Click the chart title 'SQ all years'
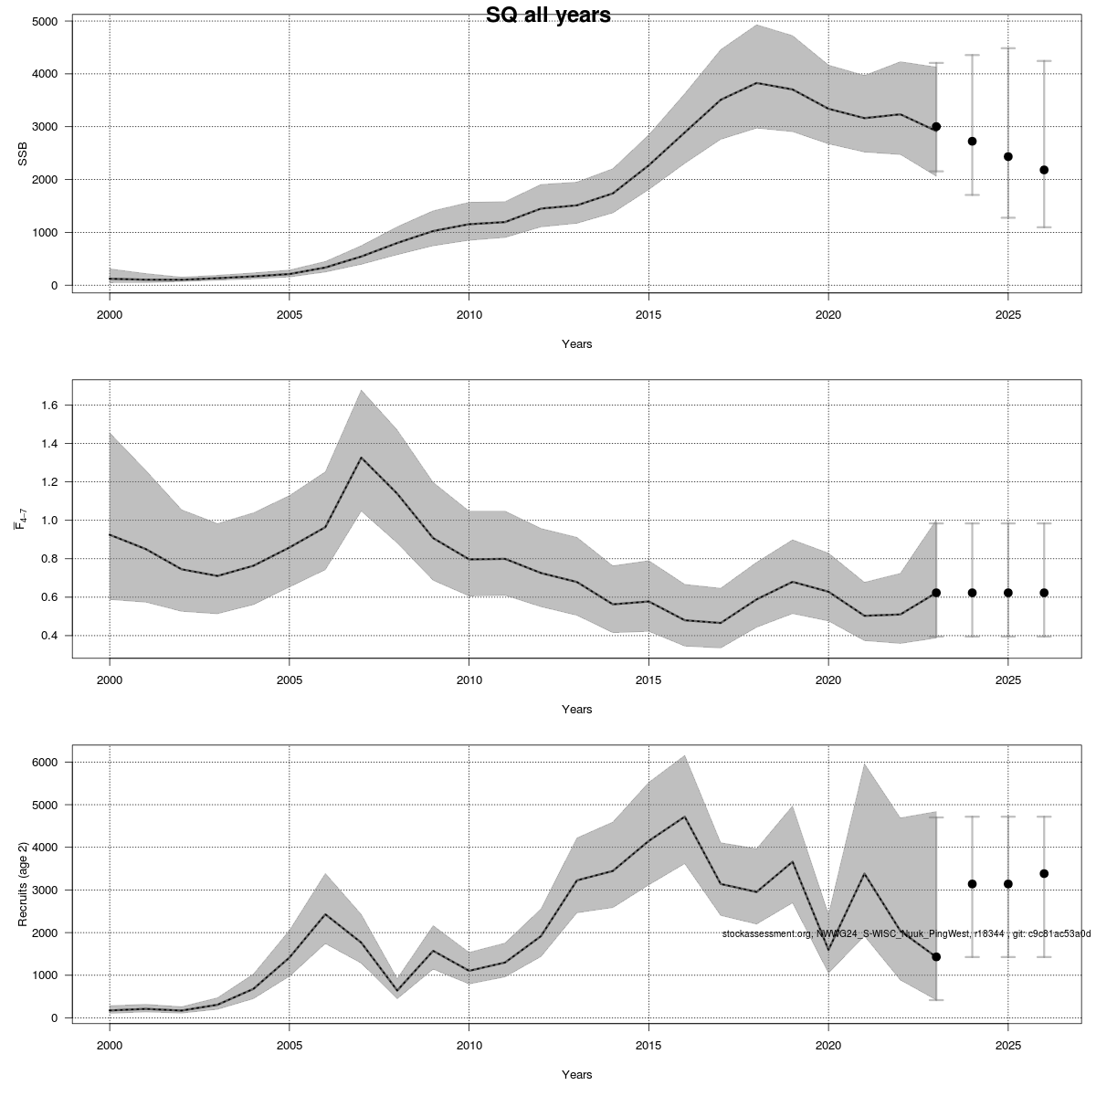point(548,15)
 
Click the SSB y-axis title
point(23,153)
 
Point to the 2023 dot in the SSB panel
point(936,127)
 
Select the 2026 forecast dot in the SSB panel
point(1044,170)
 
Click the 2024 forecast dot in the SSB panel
point(972,142)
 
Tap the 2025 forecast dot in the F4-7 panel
point(1008,593)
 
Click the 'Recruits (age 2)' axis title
point(23,883)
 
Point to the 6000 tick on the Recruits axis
point(43,763)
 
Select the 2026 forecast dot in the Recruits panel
point(1044,874)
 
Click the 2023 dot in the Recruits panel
point(936,957)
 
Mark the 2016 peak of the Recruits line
point(684,817)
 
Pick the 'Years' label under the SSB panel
point(576,344)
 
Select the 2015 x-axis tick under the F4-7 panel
point(648,680)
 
